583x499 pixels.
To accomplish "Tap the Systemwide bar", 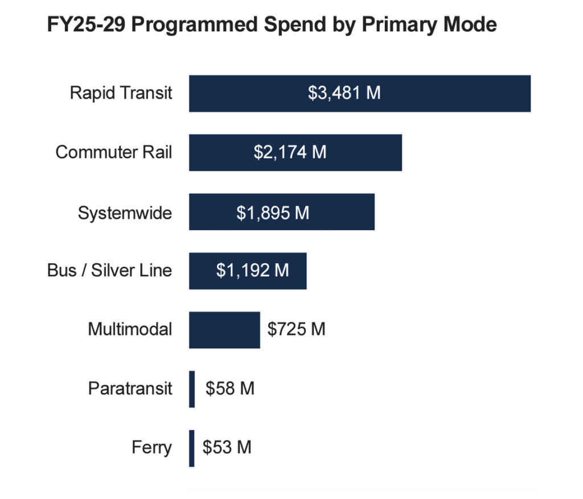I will tap(342, 212).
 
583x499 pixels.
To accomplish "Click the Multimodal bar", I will tap(224, 330).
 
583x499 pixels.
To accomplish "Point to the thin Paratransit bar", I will tap(192, 389).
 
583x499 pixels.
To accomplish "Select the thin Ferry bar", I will tap(192, 448).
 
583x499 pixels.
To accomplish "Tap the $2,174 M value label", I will tap(290, 153).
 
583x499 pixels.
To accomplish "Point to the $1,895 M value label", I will tap(273, 212).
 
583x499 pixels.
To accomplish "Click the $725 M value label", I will tap(297, 329).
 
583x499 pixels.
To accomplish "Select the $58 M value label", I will tap(230, 389).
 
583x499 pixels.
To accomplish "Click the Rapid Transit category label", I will tap(121, 93).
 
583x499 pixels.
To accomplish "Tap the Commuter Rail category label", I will tap(114, 153).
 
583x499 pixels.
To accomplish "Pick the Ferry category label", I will tap(151, 448).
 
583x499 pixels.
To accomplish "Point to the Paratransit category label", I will tap(130, 389).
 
